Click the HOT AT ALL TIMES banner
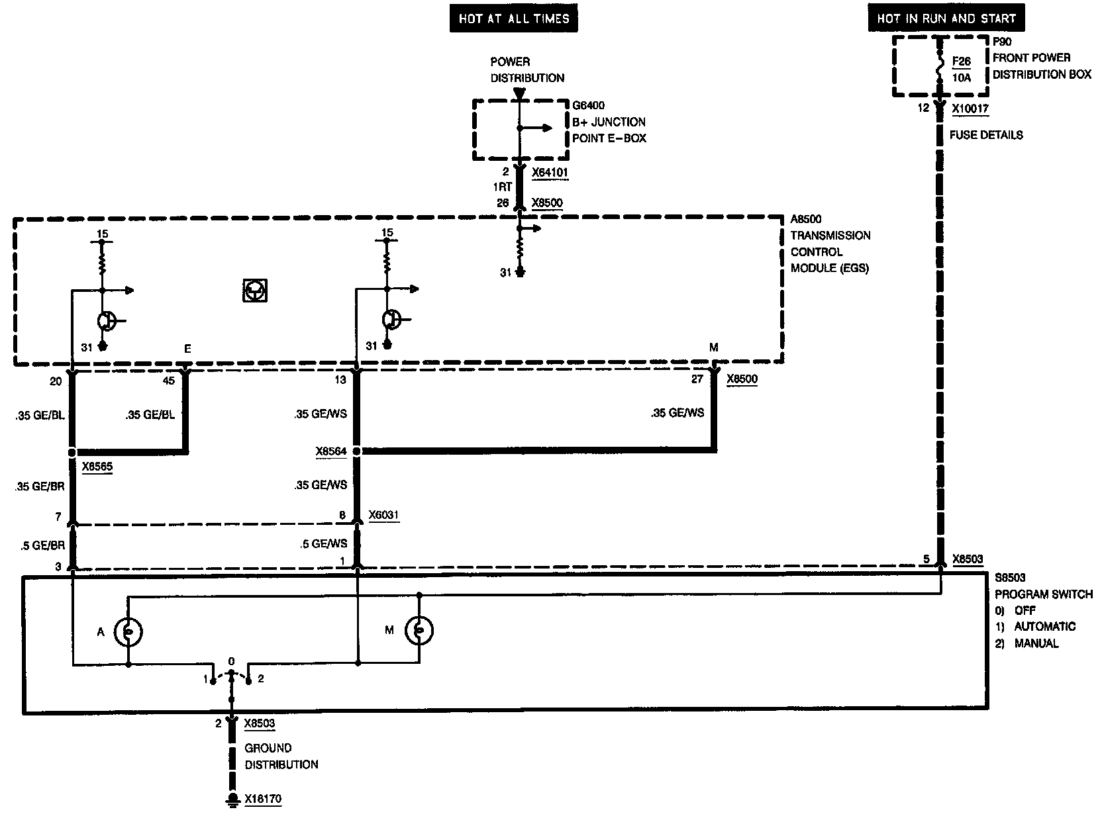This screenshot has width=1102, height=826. (513, 19)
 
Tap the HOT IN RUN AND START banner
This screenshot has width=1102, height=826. (946, 19)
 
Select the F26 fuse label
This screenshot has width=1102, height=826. (962, 62)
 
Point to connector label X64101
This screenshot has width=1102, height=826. (550, 172)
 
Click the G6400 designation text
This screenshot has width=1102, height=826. (589, 105)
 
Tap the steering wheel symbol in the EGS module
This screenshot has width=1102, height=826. (255, 291)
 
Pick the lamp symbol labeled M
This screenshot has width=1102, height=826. (419, 631)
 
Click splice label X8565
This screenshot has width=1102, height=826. (97, 467)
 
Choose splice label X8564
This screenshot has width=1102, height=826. (330, 451)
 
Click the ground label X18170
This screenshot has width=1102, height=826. (262, 799)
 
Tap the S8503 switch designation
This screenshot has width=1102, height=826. (1010, 578)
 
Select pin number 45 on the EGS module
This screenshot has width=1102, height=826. (170, 380)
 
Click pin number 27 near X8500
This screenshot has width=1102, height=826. (697, 379)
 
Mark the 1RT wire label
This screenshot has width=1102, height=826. (503, 187)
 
